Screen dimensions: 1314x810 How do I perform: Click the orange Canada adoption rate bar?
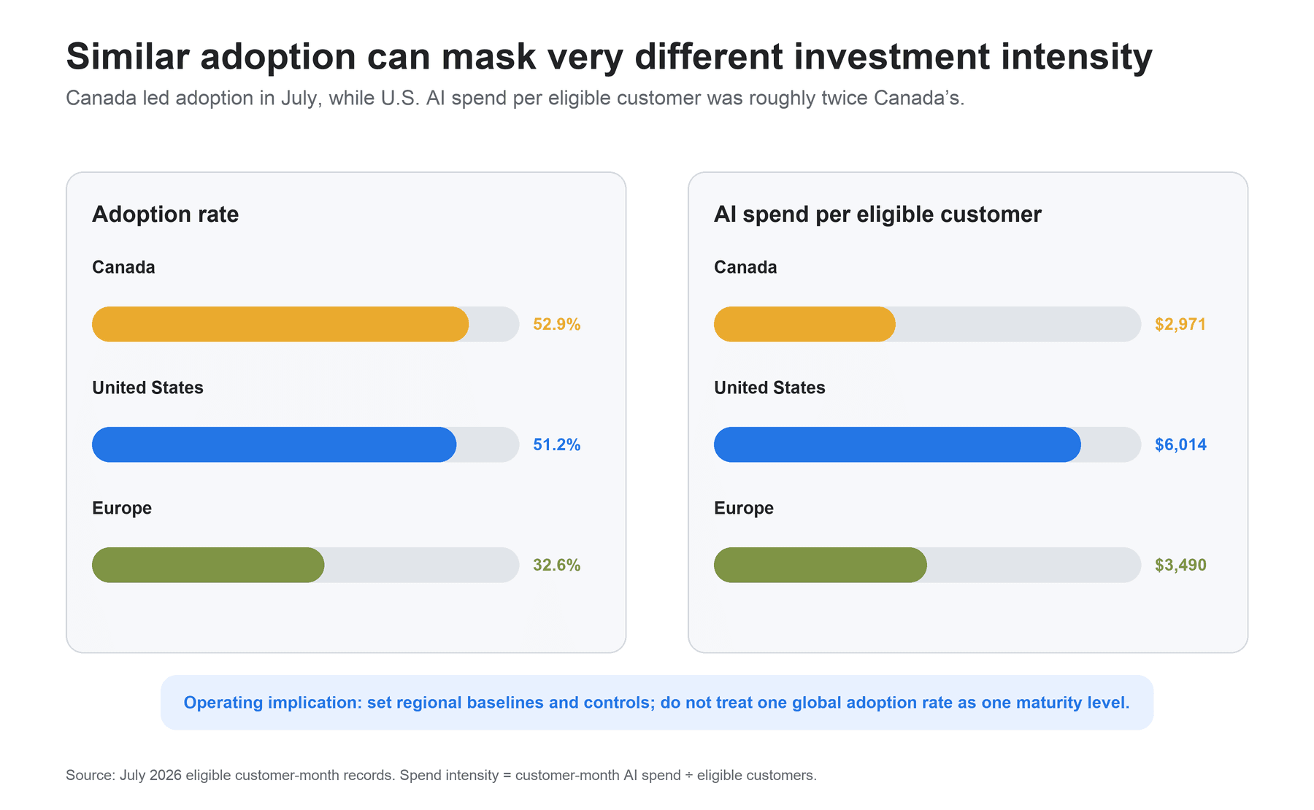(280, 324)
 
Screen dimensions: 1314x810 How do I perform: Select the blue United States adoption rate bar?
(274, 444)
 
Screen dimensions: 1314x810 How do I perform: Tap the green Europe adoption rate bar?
(208, 565)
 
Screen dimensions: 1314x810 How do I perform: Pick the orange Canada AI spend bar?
(804, 324)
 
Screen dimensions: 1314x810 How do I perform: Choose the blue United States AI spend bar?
(897, 444)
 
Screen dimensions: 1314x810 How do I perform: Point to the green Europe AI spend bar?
(821, 565)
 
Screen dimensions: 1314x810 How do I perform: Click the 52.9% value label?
(557, 324)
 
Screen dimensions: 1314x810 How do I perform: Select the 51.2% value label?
(557, 444)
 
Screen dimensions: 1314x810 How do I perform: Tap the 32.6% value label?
(557, 565)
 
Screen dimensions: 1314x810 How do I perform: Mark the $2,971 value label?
(1180, 324)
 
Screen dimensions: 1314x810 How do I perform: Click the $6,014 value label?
(1180, 444)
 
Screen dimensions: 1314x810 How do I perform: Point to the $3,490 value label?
(1180, 565)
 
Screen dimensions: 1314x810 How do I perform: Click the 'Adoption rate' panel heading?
(166, 215)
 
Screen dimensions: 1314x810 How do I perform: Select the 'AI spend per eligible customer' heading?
(877, 215)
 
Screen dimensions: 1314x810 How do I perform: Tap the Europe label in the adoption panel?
(122, 509)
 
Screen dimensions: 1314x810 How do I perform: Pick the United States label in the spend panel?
(769, 387)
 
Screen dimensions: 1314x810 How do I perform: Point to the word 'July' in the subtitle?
(301, 99)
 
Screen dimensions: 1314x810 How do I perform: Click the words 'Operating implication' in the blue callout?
(272, 703)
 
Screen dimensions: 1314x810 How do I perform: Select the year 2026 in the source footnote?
(166, 775)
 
